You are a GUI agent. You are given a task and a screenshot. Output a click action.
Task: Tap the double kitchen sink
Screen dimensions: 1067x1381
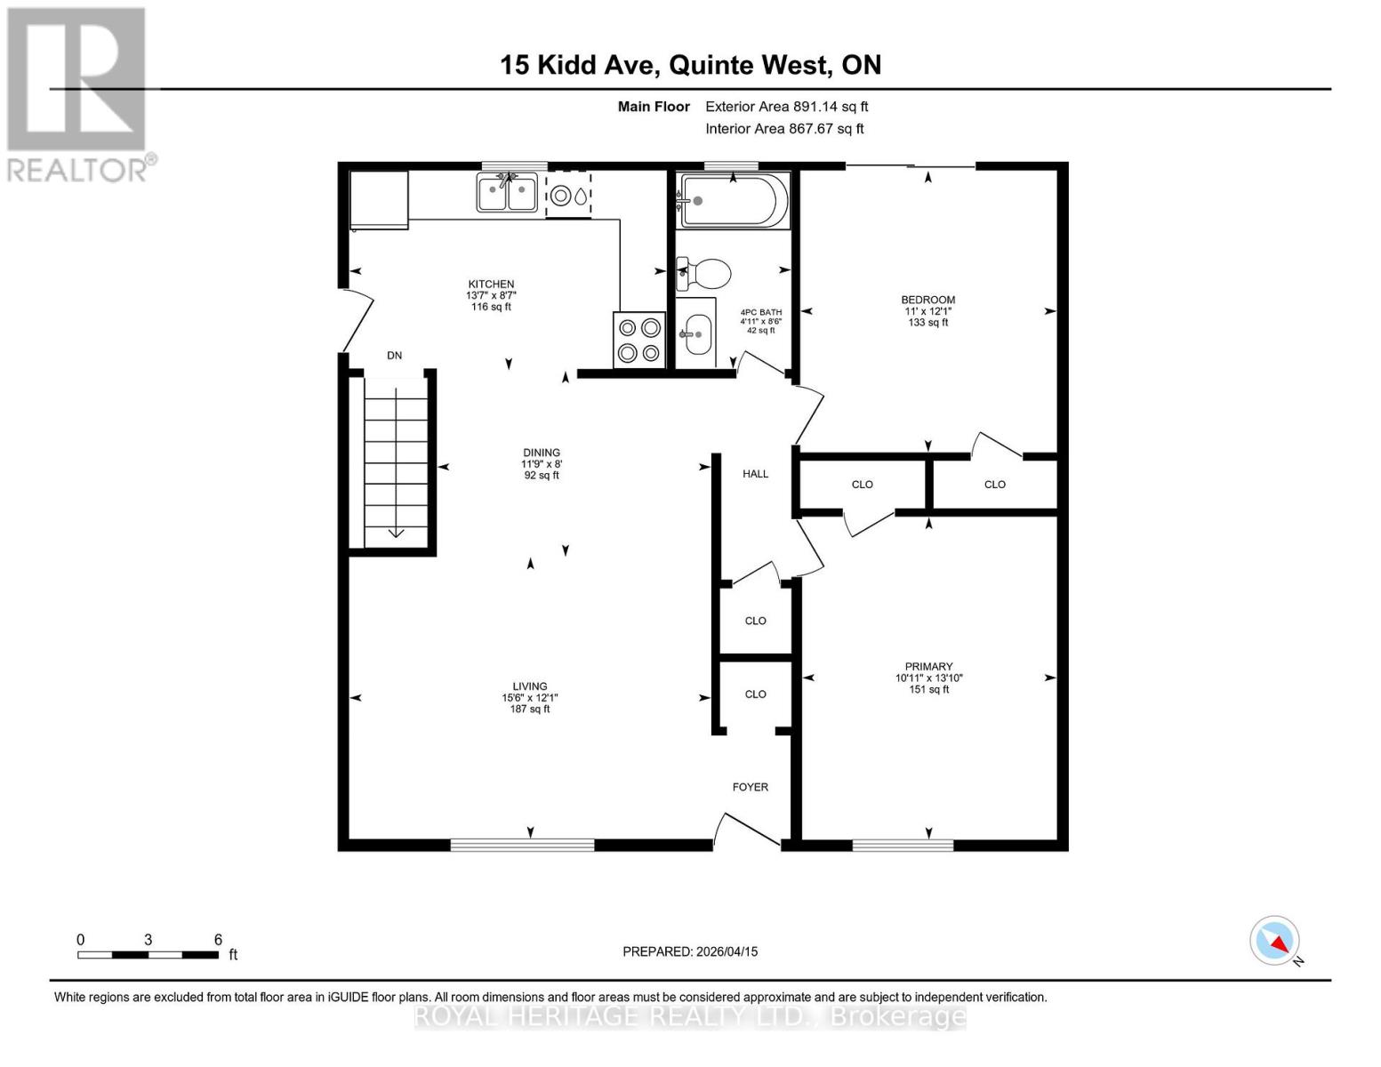tap(507, 193)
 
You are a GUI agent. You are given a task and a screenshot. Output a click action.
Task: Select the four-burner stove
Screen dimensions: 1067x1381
tap(639, 340)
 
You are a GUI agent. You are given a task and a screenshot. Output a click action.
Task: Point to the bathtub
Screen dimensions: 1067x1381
tap(734, 201)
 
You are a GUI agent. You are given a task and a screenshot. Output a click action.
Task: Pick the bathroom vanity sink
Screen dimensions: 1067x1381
tap(696, 333)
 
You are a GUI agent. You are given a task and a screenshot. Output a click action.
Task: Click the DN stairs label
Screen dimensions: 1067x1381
tap(394, 356)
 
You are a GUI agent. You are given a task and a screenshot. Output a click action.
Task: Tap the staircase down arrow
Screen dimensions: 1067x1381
tap(396, 533)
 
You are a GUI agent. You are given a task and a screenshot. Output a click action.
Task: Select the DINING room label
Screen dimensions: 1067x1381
tap(541, 453)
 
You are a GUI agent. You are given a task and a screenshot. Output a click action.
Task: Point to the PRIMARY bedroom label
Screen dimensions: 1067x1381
tap(928, 666)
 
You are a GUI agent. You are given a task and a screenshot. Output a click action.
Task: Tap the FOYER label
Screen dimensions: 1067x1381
tap(750, 787)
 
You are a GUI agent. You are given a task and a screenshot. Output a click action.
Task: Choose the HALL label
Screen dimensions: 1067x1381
tap(755, 474)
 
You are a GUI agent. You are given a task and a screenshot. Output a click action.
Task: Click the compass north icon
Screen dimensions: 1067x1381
tap(1275, 941)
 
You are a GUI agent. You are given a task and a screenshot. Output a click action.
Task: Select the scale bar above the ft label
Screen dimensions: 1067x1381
tap(148, 955)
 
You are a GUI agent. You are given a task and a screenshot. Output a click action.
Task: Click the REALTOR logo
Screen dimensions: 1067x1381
tap(77, 93)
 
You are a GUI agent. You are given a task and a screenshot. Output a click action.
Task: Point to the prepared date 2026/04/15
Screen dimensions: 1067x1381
tap(690, 951)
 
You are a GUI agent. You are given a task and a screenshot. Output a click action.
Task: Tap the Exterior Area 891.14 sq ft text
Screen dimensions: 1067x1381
tap(786, 107)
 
